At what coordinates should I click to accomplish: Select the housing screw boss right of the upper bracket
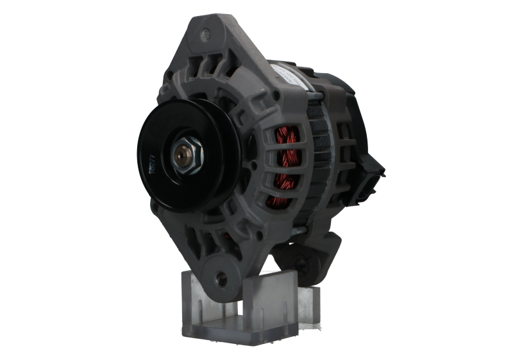tap(276, 96)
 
